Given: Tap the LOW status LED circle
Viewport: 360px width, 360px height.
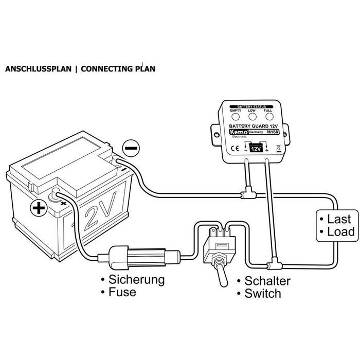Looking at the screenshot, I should click(x=251, y=117).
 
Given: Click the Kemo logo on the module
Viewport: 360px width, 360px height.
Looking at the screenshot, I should click(x=239, y=133).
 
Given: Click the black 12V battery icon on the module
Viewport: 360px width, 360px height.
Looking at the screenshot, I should click(x=256, y=149).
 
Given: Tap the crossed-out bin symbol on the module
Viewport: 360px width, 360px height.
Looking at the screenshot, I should click(x=278, y=149).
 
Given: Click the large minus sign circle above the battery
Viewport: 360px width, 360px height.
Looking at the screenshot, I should click(x=131, y=148).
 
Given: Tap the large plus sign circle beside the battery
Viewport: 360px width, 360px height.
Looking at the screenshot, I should click(x=37, y=208).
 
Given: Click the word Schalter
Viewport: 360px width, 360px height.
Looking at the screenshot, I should click(x=267, y=281).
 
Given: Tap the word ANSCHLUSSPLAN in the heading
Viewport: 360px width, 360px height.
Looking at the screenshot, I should click(x=36, y=68).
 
